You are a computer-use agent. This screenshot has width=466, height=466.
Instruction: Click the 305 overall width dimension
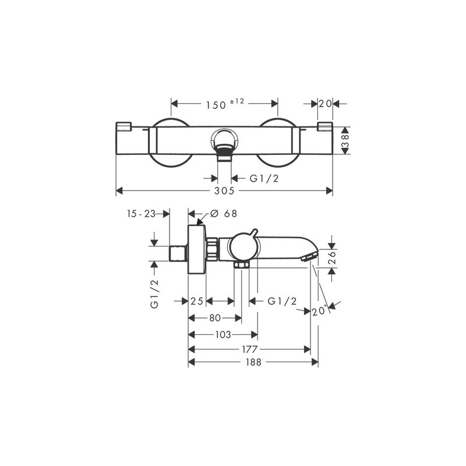(x=224, y=191)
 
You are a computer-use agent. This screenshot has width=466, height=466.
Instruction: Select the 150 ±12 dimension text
(x=225, y=104)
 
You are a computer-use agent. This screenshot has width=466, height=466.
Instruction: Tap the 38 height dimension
(x=345, y=140)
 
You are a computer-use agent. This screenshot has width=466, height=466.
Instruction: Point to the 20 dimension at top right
(x=325, y=104)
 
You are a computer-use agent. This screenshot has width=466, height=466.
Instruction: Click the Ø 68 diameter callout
(x=224, y=213)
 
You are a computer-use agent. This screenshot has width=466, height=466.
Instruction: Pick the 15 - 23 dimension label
(x=141, y=213)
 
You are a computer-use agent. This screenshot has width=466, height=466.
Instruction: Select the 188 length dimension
(x=253, y=362)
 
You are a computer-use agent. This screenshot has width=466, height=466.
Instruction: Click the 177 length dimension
(x=250, y=349)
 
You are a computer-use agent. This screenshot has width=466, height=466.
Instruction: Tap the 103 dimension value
(x=223, y=334)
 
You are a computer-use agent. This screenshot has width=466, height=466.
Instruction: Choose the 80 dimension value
(x=215, y=318)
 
